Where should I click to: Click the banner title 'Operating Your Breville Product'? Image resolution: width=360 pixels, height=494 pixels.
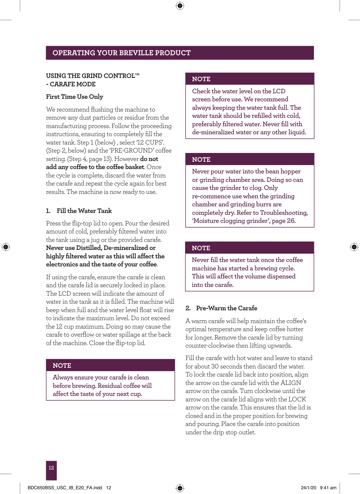click(x=121, y=53)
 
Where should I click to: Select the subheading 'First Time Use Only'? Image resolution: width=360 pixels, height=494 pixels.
click(x=75, y=97)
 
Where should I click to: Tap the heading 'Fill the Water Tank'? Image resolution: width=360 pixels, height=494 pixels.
click(x=84, y=211)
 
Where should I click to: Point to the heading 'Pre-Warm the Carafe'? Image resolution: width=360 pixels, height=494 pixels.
click(x=226, y=308)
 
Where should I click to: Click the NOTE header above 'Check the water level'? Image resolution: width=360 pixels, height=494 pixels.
click(x=201, y=79)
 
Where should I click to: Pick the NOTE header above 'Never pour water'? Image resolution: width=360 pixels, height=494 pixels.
click(x=201, y=160)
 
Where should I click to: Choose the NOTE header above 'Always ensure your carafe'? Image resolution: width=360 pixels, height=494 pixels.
click(x=62, y=366)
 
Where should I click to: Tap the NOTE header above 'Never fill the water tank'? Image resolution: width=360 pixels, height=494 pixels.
click(x=201, y=248)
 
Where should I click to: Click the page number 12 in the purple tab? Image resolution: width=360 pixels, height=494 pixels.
click(x=51, y=468)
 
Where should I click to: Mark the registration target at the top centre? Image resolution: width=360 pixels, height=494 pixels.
click(x=180, y=5)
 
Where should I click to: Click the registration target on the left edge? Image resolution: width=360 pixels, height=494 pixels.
click(x=5, y=247)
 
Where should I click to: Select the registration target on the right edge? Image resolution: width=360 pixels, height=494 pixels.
click(x=354, y=247)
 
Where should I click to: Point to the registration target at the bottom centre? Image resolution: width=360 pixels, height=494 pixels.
click(x=180, y=488)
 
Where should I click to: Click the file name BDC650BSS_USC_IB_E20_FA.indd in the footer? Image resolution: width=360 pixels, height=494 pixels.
click(x=65, y=488)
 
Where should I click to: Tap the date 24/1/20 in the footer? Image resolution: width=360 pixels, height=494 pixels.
click(x=308, y=488)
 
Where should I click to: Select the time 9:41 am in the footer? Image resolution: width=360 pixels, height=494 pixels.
click(x=328, y=488)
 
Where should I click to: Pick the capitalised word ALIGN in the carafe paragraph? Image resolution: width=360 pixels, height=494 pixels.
click(x=291, y=383)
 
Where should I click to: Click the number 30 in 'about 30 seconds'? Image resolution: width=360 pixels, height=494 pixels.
click(x=215, y=366)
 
